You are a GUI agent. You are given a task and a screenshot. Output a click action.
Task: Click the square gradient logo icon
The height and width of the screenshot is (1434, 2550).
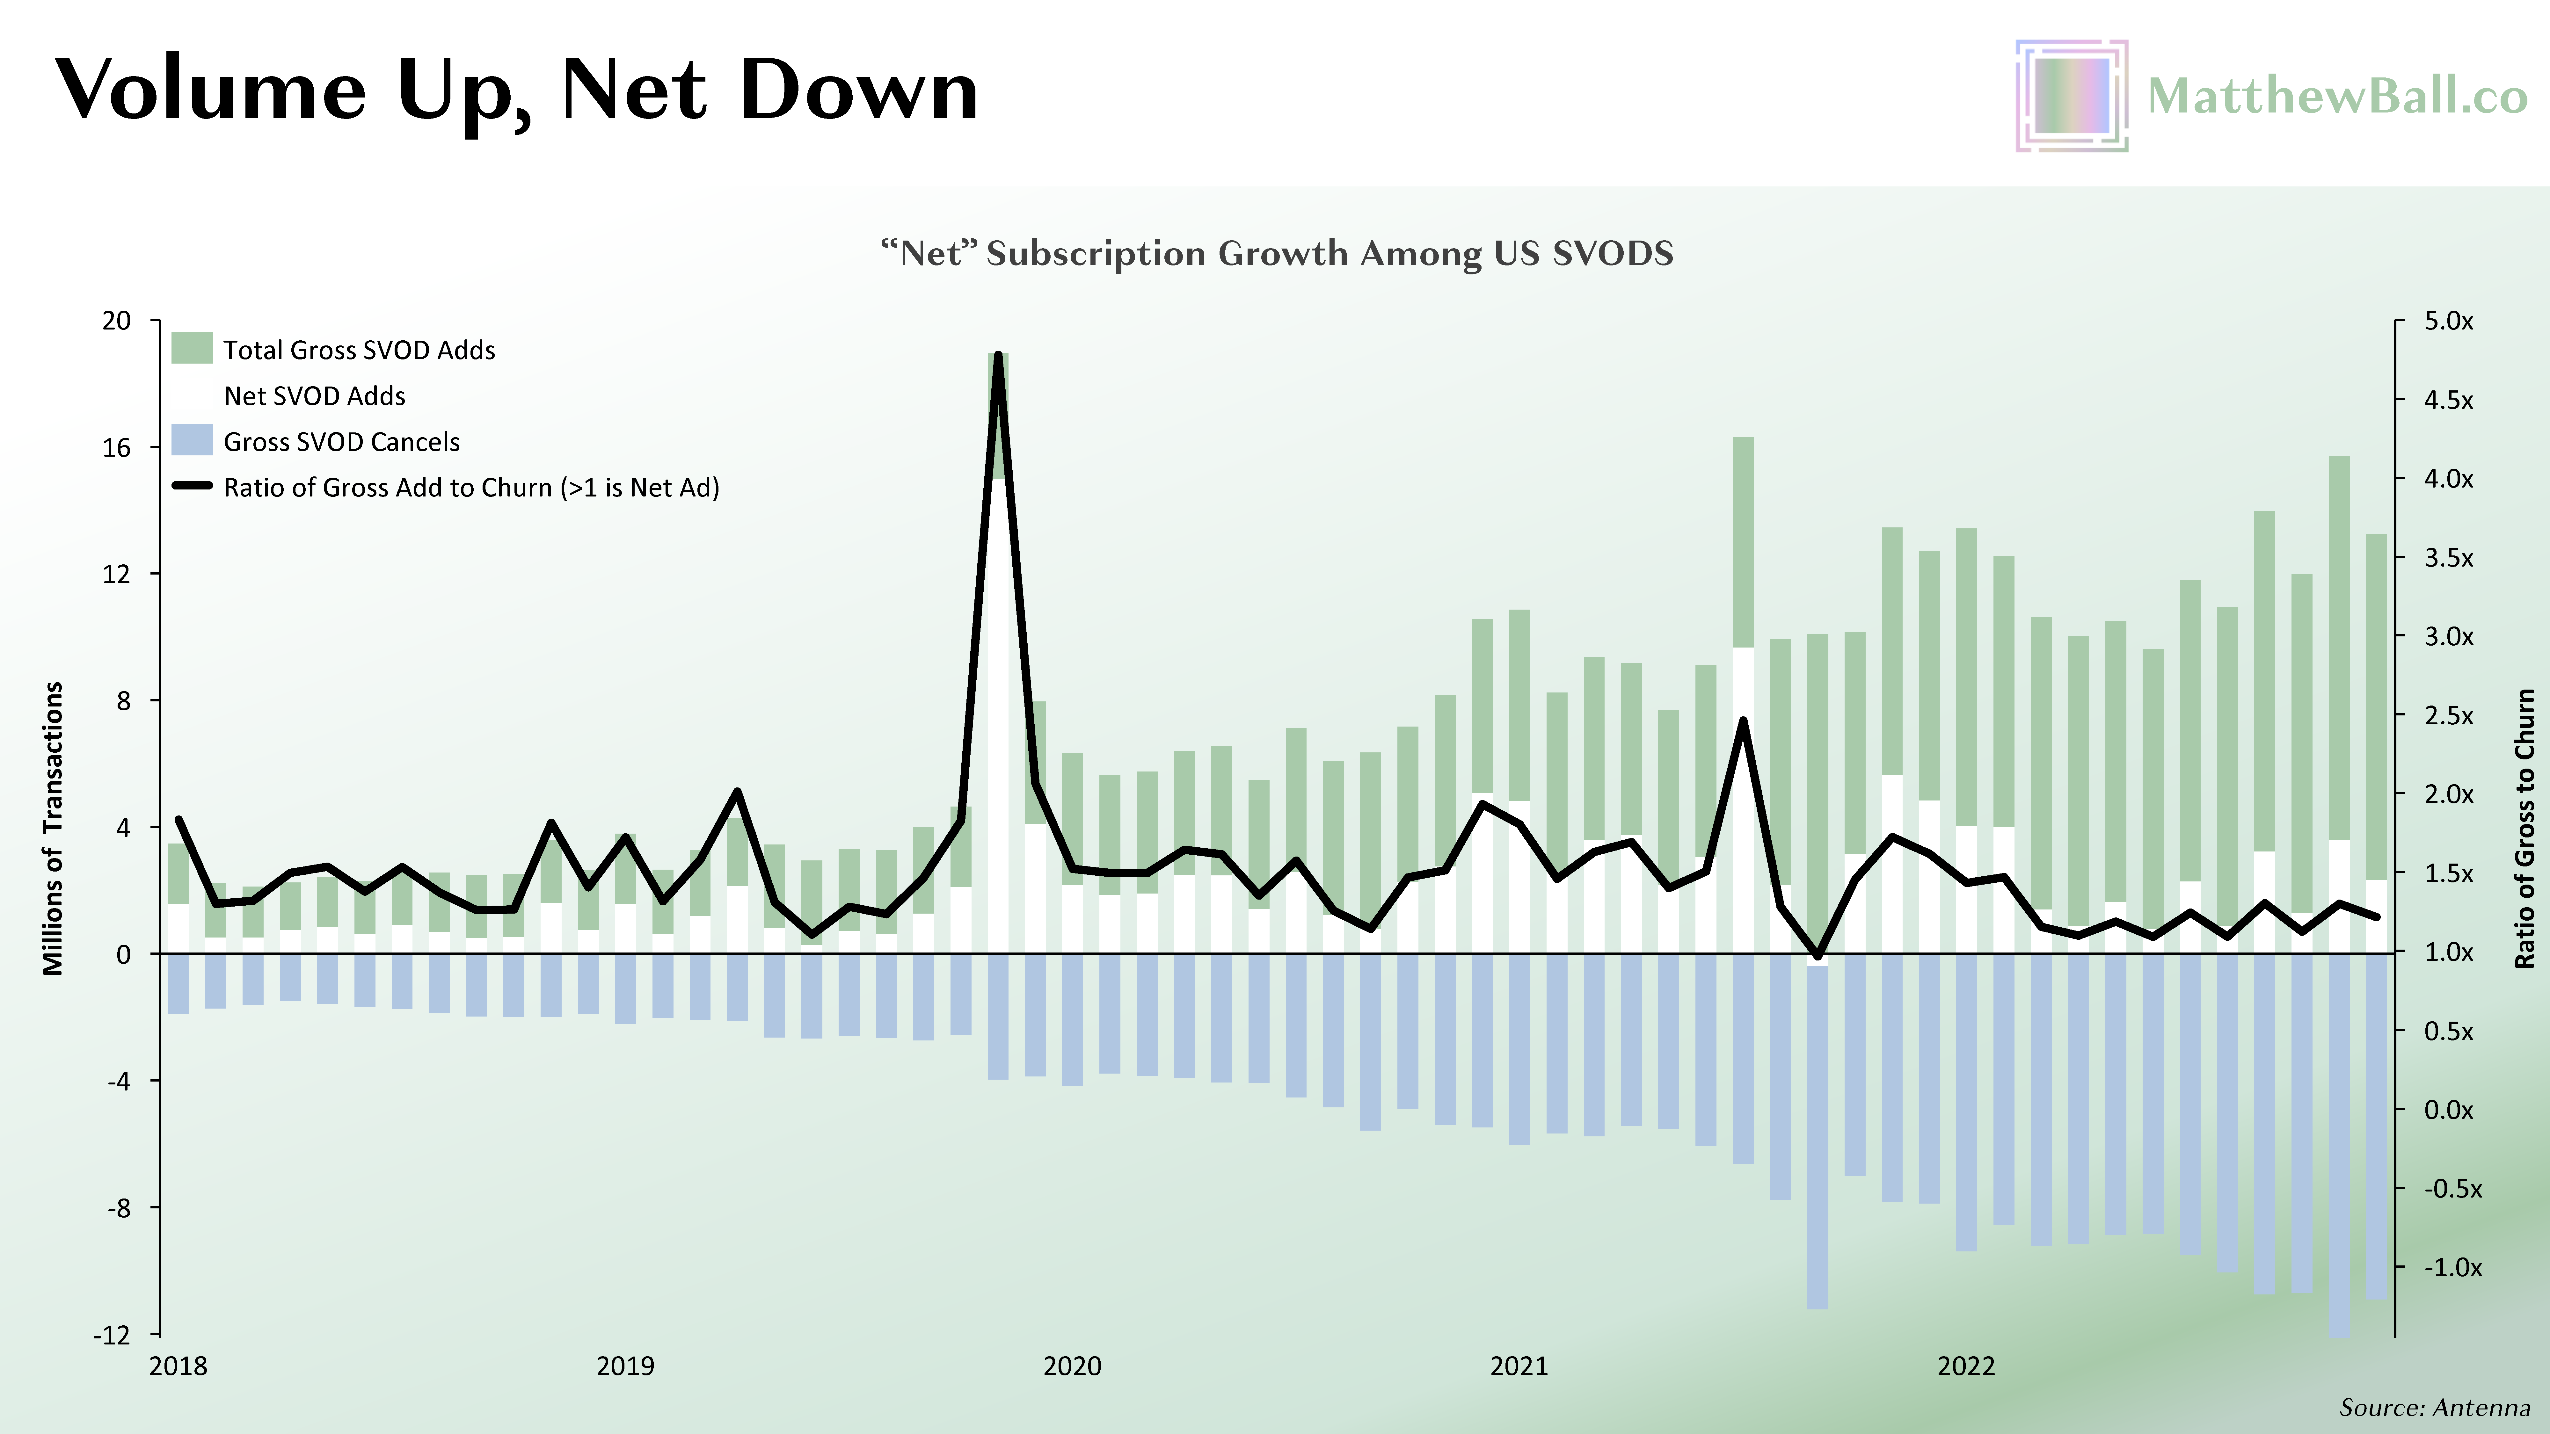2071,96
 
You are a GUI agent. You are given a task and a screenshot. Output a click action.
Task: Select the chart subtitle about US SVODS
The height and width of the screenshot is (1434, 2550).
1277,253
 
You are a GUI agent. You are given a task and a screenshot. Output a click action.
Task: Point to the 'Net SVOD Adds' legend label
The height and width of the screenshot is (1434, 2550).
315,396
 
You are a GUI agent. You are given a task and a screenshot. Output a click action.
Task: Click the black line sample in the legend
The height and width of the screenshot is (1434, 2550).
192,486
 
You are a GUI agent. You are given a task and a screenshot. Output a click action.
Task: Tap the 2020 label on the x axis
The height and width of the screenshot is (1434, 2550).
1072,1367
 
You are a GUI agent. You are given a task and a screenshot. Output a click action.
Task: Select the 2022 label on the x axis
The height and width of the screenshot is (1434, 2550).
1966,1367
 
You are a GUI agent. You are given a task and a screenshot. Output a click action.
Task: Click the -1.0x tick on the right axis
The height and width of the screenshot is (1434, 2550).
2452,1268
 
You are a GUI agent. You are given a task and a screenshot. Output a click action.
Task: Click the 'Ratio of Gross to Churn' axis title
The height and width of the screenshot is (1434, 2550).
2525,828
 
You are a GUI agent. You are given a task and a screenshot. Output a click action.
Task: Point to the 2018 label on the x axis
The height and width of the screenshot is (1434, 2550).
178,1367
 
